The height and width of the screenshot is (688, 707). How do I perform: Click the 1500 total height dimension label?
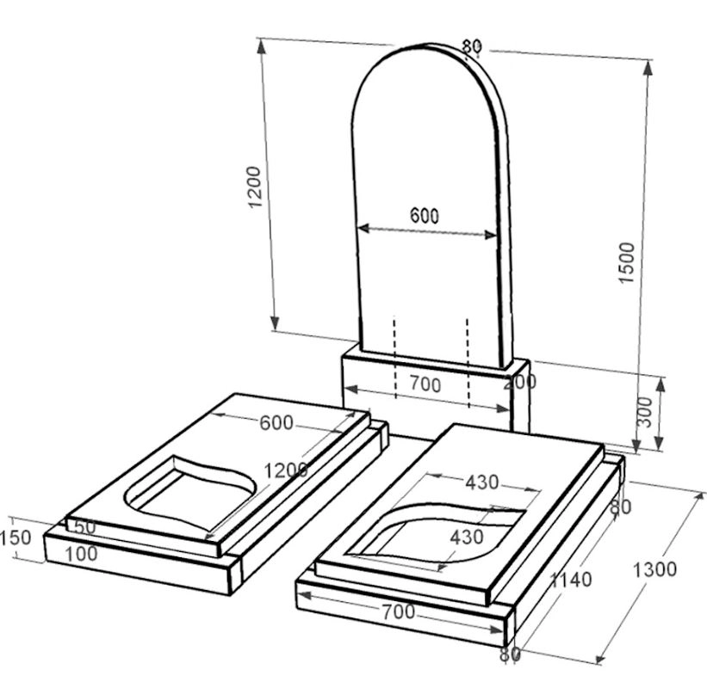tap(626, 262)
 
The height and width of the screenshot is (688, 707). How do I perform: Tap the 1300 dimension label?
tap(654, 569)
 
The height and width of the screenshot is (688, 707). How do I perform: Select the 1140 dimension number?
tap(571, 580)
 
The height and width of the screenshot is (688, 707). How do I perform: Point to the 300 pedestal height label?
tap(646, 412)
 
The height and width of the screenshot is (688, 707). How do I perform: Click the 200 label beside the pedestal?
tap(520, 382)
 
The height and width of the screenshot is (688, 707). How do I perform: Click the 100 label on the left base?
tap(82, 554)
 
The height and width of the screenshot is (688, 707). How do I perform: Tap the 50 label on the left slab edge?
tap(84, 527)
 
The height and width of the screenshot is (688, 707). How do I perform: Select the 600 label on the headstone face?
tap(425, 216)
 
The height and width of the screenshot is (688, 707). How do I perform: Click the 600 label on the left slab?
tap(276, 423)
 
